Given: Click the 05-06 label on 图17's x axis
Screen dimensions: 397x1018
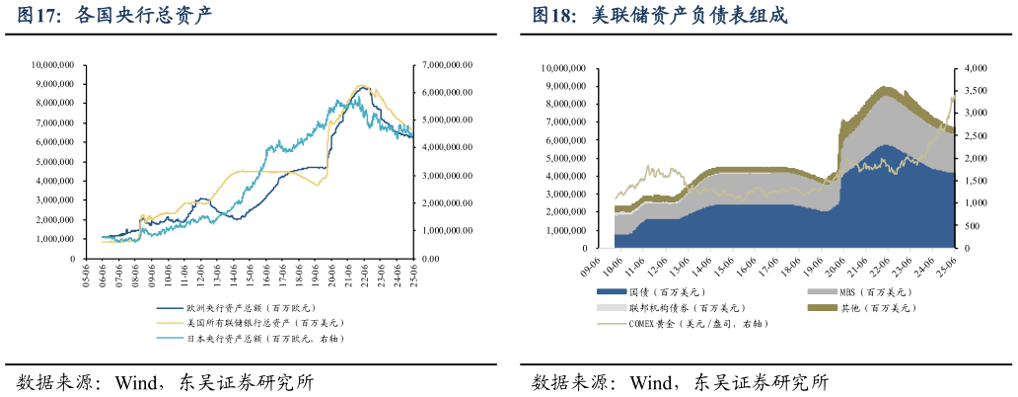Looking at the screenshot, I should (x=88, y=275).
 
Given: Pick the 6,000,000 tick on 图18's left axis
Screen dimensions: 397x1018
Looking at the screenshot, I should (x=568, y=140).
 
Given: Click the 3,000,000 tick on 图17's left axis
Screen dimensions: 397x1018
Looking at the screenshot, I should (x=55, y=200).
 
